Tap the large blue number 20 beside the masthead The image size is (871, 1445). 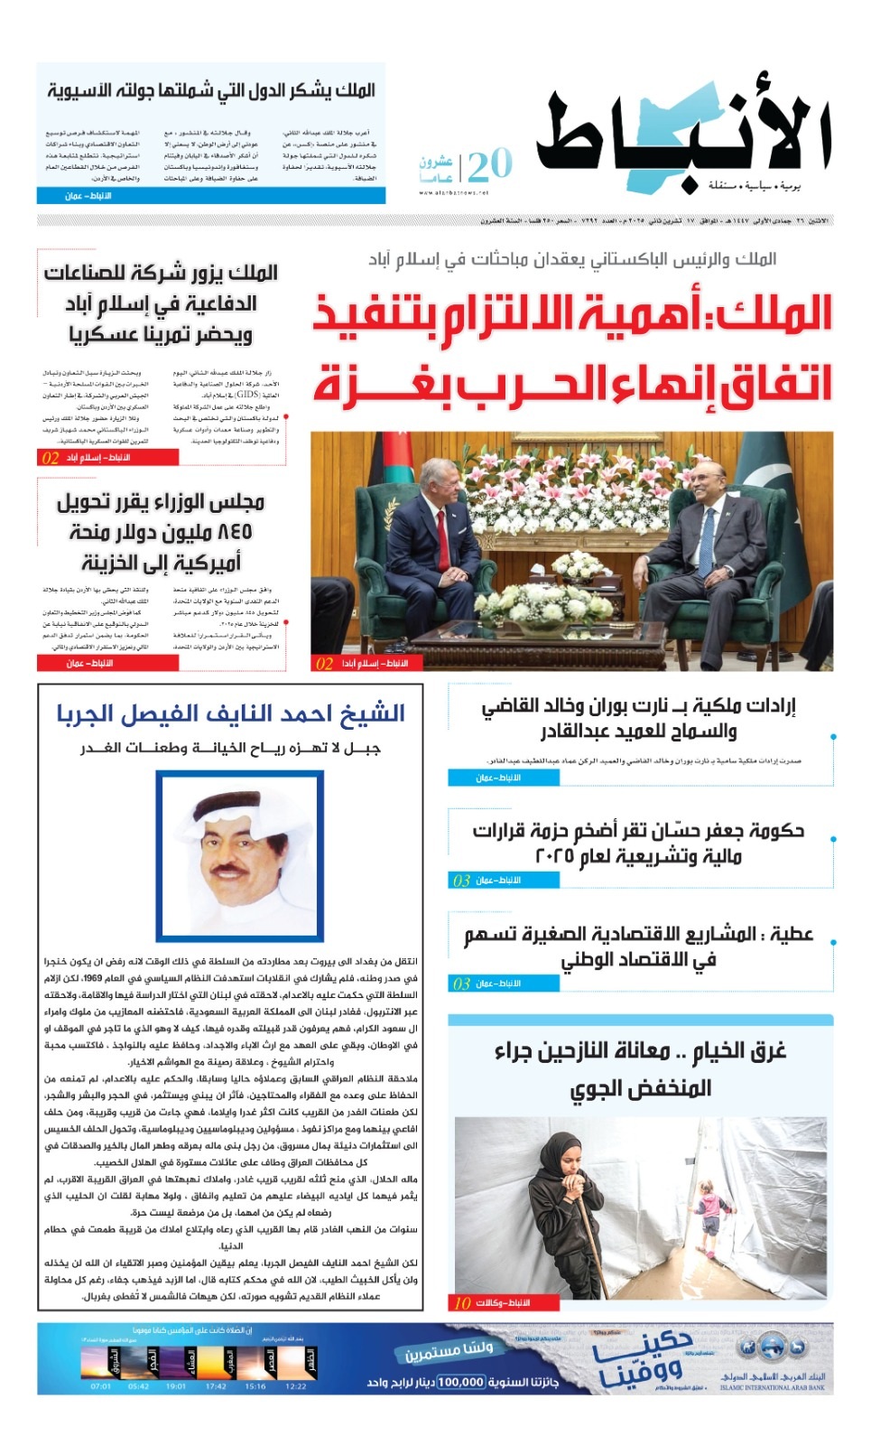[490, 164]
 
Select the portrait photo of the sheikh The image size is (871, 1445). [239, 855]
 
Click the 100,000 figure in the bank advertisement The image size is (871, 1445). [461, 1382]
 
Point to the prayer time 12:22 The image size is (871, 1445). [295, 1385]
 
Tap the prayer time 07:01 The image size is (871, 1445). [101, 1385]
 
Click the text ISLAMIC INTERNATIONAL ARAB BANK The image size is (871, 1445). [773, 1388]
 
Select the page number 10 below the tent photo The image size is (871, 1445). [463, 1303]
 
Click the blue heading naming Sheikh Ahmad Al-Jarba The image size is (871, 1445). [230, 713]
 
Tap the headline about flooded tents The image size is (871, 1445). [640, 1068]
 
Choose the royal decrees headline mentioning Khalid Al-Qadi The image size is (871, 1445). [638, 718]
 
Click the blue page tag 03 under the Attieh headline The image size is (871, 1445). [462, 984]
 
